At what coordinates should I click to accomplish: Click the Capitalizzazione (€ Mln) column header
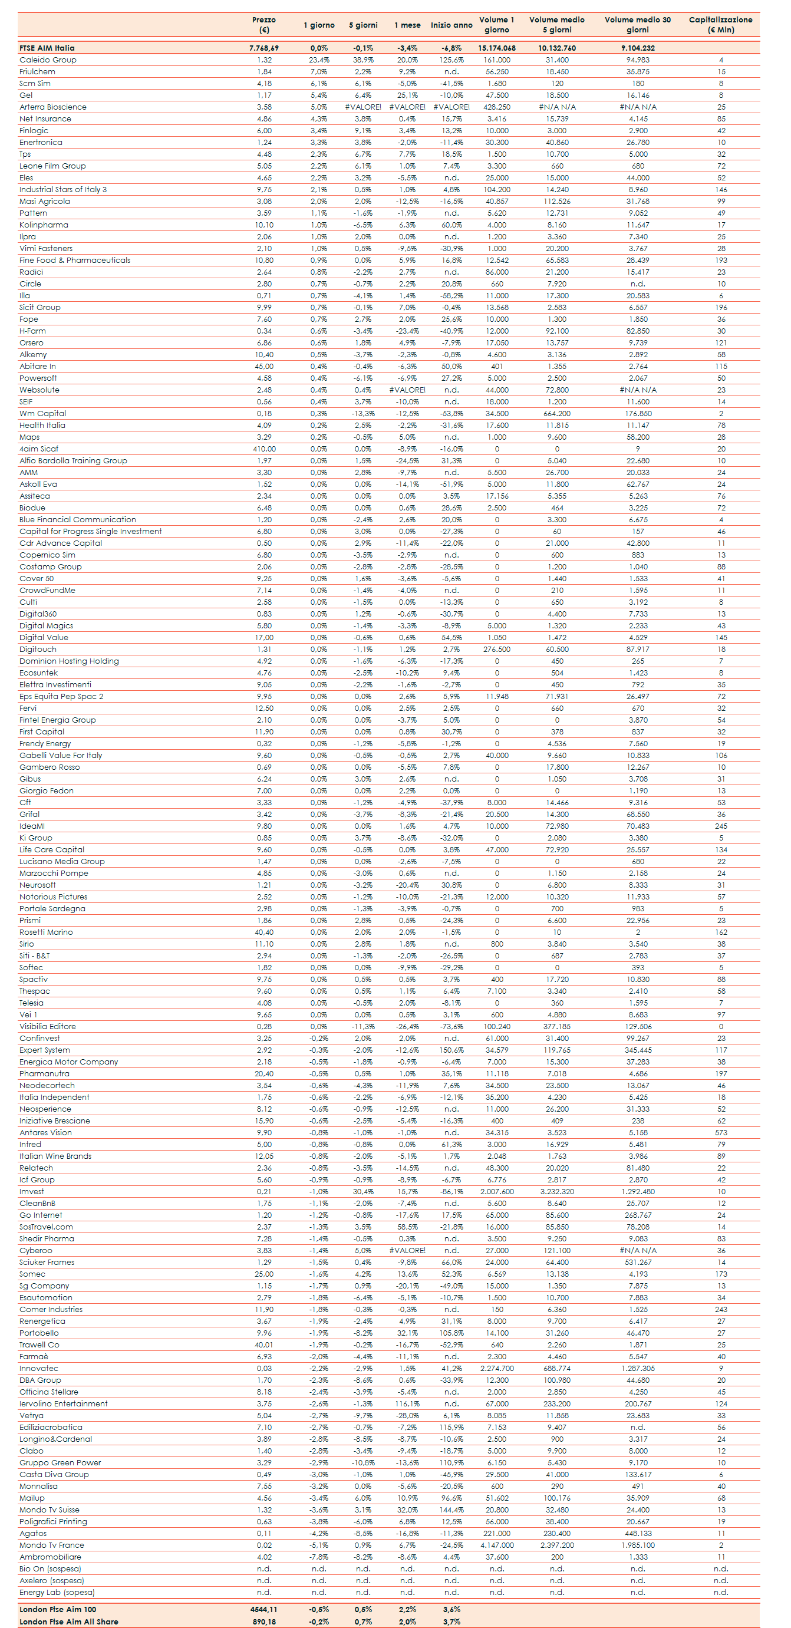(720, 25)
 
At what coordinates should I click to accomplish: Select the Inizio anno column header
(451, 25)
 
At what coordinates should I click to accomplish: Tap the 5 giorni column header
(363, 25)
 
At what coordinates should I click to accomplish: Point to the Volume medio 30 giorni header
(638, 25)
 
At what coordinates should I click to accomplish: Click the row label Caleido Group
(48, 60)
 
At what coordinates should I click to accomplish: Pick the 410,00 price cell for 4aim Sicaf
(264, 449)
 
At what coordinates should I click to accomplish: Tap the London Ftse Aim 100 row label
(58, 1610)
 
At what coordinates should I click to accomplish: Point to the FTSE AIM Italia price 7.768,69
(264, 48)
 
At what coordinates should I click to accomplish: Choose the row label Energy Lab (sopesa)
(57, 1593)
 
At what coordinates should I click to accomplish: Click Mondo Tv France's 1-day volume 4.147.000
(497, 1545)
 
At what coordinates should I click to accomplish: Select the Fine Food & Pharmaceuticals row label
(74, 261)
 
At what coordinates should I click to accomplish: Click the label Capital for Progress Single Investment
(90, 532)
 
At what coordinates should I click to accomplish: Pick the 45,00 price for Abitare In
(264, 367)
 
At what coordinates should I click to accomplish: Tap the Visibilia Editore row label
(47, 1027)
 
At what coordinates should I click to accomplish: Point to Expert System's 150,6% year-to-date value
(451, 1050)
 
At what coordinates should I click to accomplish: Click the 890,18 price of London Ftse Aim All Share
(264, 1622)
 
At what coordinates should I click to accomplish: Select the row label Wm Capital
(42, 414)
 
